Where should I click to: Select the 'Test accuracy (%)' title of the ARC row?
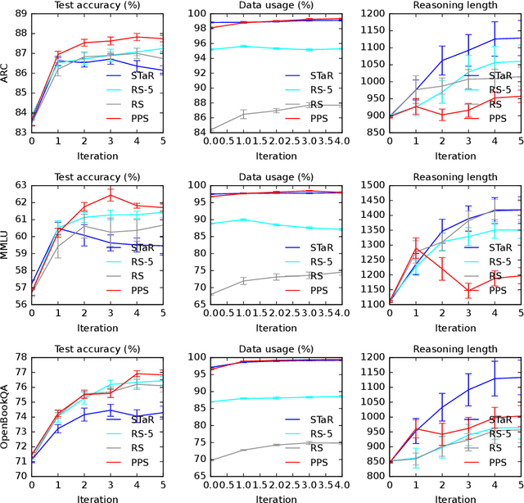[96, 6]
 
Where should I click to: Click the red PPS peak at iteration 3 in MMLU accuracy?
[110, 194]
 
